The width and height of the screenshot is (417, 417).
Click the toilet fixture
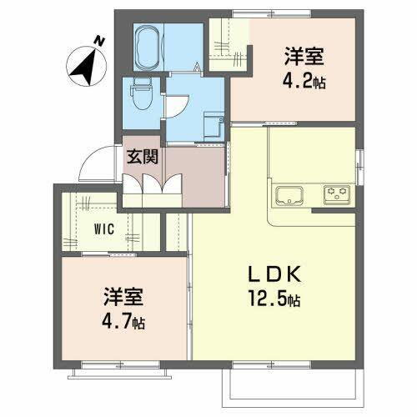click(140, 94)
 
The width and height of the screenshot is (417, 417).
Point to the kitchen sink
click(288, 197)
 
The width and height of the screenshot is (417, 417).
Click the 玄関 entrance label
click(143, 154)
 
